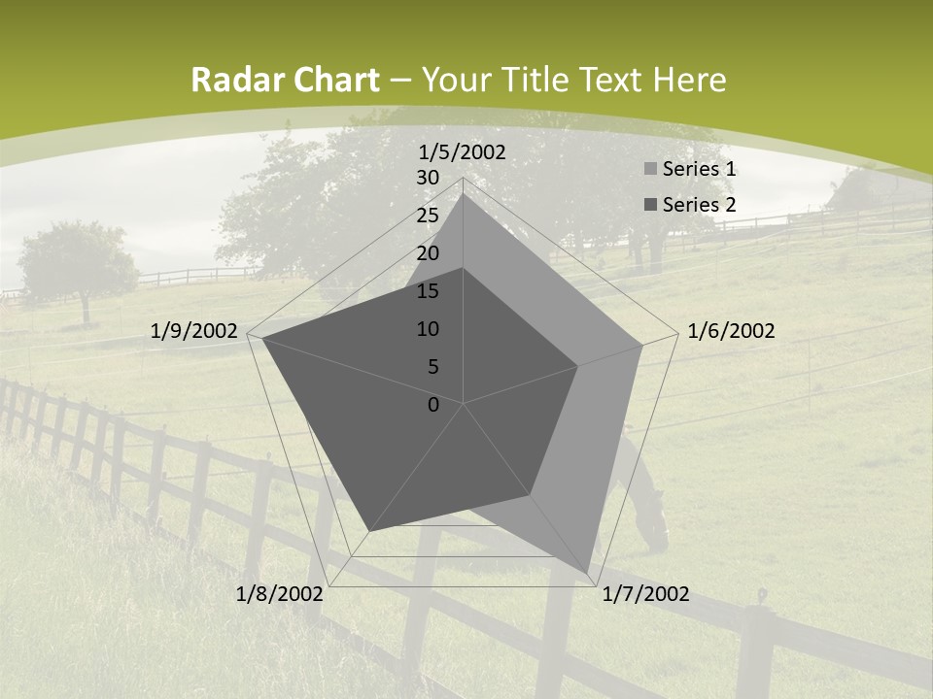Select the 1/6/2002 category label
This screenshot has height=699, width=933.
[731, 331]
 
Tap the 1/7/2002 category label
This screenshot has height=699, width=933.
[645, 594]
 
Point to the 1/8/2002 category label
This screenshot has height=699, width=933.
[280, 594]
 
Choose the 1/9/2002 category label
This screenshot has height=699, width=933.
[194, 331]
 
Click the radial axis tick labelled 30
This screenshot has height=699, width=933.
[428, 178]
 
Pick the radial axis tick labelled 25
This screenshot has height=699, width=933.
[428, 216]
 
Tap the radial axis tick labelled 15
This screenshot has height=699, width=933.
[428, 291]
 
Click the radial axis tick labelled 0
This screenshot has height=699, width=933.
[433, 405]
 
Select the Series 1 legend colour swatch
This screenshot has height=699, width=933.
[650, 170]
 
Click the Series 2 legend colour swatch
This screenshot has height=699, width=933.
[650, 205]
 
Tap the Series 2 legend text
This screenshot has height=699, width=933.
[699, 205]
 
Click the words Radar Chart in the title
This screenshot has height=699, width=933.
[285, 81]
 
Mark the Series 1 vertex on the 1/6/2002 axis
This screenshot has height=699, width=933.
[642, 345]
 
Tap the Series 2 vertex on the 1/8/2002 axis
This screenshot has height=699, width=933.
[369, 531]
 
